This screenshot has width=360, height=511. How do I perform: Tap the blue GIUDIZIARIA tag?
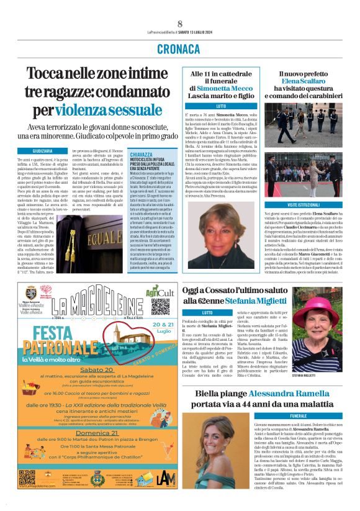pos(34,151)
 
